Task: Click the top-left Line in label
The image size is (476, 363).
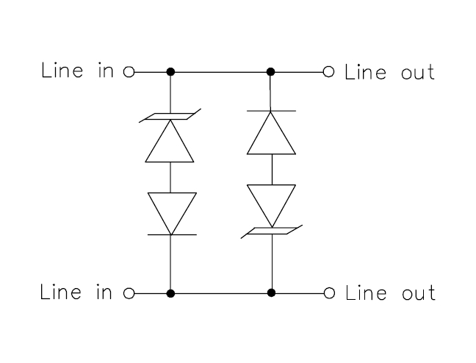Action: click(77, 70)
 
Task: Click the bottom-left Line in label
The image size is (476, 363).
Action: click(76, 292)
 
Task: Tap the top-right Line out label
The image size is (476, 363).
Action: click(389, 72)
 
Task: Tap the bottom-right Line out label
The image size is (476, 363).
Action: click(390, 293)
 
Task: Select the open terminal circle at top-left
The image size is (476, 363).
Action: click(129, 72)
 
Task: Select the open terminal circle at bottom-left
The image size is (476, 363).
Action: click(129, 293)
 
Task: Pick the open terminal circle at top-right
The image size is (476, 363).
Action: click(328, 72)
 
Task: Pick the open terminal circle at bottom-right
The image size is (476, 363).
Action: click(329, 293)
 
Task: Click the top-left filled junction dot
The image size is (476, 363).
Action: click(170, 72)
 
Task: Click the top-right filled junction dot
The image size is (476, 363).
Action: click(270, 72)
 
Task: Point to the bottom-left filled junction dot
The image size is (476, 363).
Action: click(170, 293)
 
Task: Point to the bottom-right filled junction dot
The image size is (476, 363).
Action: click(271, 293)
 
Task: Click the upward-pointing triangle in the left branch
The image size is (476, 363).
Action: click(170, 141)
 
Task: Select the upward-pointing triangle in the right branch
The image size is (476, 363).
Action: click(271, 133)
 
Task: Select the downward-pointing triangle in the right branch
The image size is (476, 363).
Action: click(271, 206)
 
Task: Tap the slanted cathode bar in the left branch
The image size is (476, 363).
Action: click(170, 116)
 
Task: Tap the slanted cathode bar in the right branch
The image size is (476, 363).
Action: click(271, 231)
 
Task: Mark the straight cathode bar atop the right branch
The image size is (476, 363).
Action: click(271, 111)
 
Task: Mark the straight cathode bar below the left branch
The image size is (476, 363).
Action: click(172, 234)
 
